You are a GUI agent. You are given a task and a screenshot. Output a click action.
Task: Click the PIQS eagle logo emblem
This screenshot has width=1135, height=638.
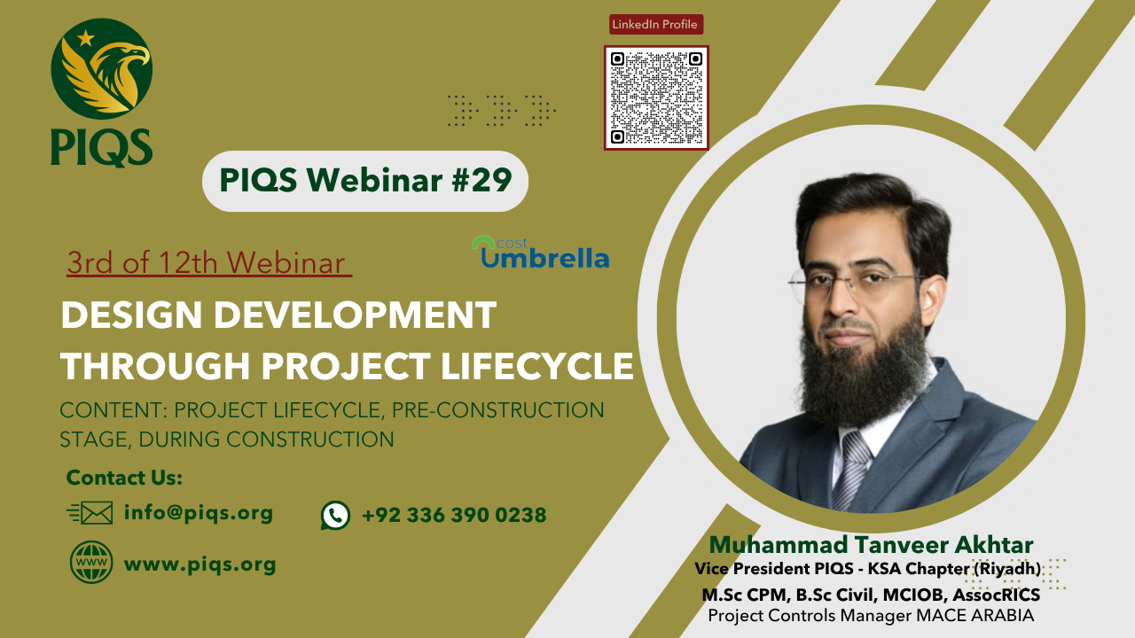pyautogui.click(x=101, y=69)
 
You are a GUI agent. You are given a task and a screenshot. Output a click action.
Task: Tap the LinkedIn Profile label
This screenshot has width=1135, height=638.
pyautogui.click(x=656, y=24)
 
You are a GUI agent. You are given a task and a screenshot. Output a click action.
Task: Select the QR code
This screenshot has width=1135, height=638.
pyautogui.click(x=656, y=97)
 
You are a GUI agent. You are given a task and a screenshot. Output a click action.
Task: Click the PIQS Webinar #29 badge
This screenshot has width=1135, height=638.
pyautogui.click(x=364, y=181)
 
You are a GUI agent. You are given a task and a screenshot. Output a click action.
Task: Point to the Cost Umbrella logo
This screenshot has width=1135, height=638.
pyautogui.click(x=542, y=253)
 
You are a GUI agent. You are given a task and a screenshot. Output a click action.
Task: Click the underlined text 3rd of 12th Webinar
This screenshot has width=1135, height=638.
pyautogui.click(x=208, y=263)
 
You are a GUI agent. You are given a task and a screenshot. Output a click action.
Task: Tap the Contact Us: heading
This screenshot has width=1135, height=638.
pyautogui.click(x=124, y=478)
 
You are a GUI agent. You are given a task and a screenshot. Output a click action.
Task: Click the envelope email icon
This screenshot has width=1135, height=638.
pyautogui.click(x=90, y=513)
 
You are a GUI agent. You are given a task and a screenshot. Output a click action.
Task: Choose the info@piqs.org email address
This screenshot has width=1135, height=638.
pyautogui.click(x=199, y=512)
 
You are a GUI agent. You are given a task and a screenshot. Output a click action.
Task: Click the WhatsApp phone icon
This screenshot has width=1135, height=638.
pyautogui.click(x=335, y=515)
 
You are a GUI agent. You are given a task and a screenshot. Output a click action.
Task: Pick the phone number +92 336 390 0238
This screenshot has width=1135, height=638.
pyautogui.click(x=454, y=515)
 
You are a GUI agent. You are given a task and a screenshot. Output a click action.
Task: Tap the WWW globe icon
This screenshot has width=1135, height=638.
pyautogui.click(x=91, y=563)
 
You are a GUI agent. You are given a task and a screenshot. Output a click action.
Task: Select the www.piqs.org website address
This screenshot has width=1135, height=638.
pyautogui.click(x=200, y=564)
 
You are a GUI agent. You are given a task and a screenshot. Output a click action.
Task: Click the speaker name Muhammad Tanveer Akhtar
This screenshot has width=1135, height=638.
pyautogui.click(x=872, y=544)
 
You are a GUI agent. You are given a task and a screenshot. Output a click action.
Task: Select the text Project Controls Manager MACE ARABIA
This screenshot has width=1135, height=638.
pyautogui.click(x=871, y=616)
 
